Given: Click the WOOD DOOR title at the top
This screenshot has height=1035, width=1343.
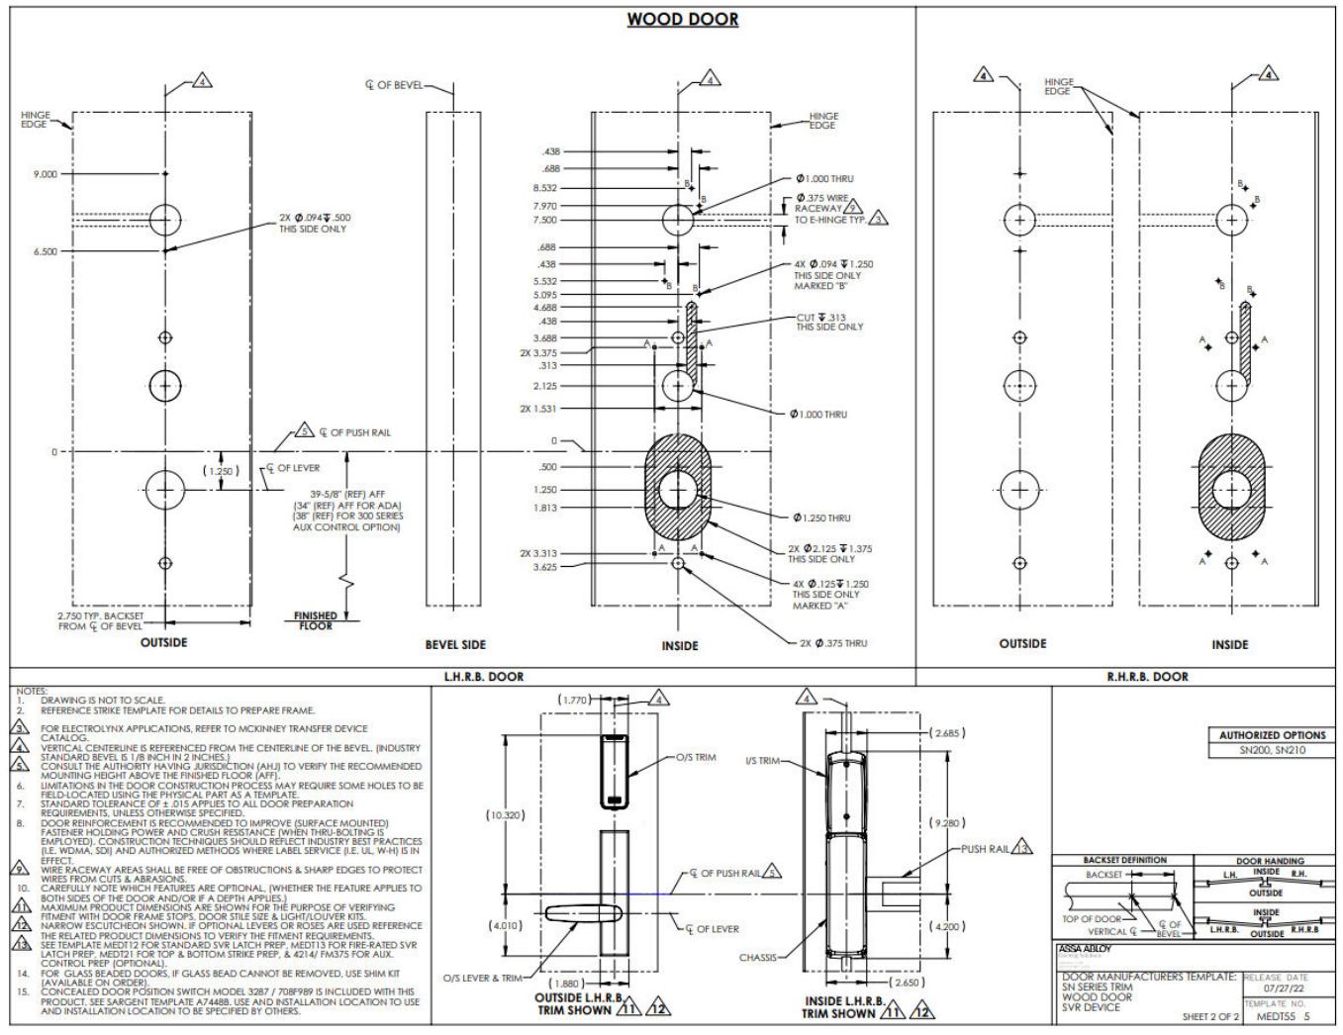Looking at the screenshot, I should tap(682, 19).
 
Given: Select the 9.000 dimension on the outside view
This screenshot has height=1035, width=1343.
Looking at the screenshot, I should tap(45, 174).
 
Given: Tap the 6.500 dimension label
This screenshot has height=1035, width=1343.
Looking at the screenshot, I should tap(45, 251).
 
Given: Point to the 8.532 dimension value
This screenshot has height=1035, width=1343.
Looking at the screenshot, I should tap(544, 188).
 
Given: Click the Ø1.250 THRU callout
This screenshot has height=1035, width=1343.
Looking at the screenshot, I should tap(820, 517).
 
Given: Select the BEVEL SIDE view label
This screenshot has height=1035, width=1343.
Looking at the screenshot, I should tap(455, 645).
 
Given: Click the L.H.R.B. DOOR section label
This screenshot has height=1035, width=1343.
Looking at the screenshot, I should tap(484, 677).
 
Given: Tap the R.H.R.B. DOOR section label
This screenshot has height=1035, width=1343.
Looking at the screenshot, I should tap(1147, 677).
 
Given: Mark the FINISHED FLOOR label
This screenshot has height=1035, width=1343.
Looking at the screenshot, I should tap(316, 620).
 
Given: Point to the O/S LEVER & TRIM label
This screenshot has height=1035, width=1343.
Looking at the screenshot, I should tap(483, 979).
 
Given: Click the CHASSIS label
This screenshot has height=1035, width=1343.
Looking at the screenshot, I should tap(758, 958).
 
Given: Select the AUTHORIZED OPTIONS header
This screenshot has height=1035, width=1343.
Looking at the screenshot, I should tap(1272, 735).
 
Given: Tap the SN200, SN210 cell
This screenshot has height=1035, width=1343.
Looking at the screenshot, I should tap(1272, 751).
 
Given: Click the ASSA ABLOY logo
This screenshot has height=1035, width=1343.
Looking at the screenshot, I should tap(1086, 949).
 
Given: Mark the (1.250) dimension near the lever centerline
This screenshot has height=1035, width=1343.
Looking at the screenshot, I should tap(221, 471).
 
